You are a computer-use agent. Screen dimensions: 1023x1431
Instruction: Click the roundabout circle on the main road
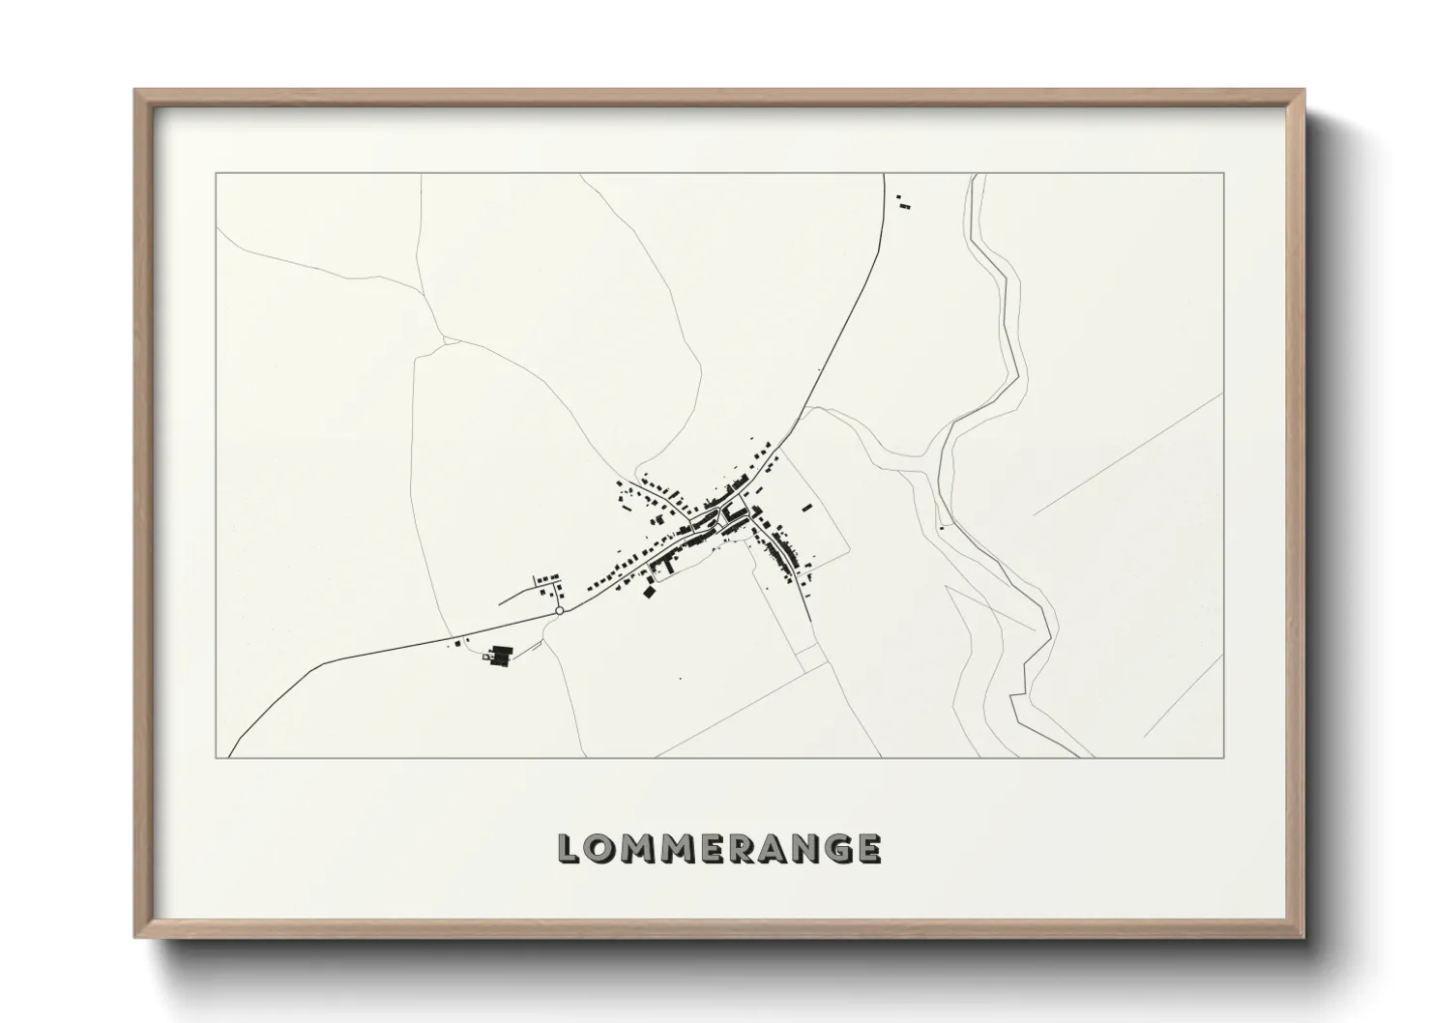(x=559, y=611)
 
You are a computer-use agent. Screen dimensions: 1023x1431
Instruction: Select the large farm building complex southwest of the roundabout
(x=499, y=656)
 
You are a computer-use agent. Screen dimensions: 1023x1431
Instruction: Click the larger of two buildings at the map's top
(x=905, y=205)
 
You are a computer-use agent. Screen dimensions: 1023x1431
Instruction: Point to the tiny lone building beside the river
(x=941, y=528)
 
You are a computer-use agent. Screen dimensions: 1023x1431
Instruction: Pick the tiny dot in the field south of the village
(x=680, y=679)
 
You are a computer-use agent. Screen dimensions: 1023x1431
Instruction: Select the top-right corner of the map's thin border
(x=1224, y=173)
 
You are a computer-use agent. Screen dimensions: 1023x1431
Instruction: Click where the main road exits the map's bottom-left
(x=229, y=756)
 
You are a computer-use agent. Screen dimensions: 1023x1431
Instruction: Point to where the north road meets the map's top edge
(x=885, y=174)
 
